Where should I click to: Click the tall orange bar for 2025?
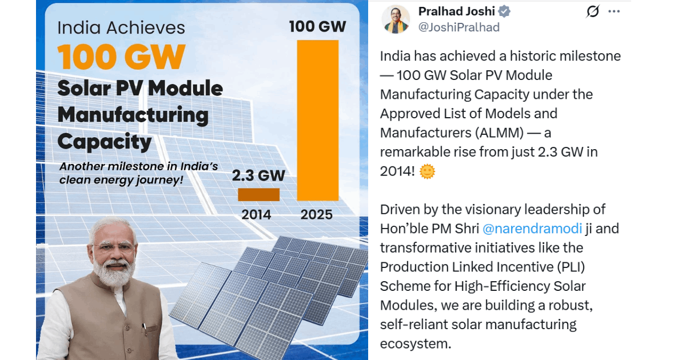(x=318, y=120)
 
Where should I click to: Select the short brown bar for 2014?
(x=258, y=194)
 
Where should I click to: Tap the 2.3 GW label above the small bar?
(x=258, y=175)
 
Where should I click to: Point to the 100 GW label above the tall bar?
(x=317, y=26)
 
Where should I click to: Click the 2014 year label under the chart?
(x=256, y=215)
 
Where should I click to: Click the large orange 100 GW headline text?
(x=121, y=57)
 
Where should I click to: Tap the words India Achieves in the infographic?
(x=121, y=28)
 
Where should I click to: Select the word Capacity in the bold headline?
(x=105, y=141)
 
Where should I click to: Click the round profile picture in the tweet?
(x=396, y=19)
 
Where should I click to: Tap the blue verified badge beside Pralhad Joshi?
(x=504, y=11)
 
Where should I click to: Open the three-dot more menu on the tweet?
(x=614, y=11)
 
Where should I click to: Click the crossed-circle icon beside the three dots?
(x=593, y=11)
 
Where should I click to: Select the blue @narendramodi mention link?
(x=532, y=229)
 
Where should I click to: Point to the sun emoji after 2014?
(x=427, y=171)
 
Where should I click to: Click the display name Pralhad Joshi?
(x=456, y=11)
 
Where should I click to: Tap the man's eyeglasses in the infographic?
(x=114, y=247)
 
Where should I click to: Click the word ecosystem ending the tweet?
(x=415, y=343)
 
